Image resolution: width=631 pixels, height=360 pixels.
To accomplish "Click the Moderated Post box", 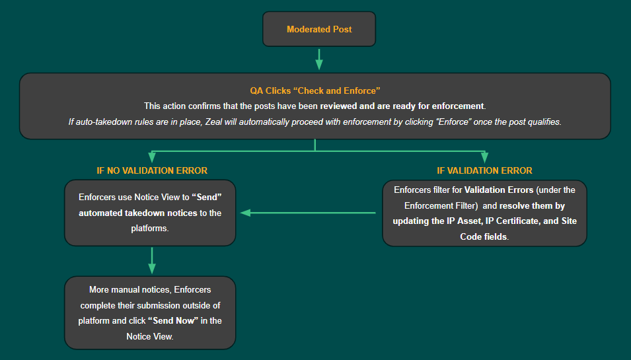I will pyautogui.click(x=319, y=30).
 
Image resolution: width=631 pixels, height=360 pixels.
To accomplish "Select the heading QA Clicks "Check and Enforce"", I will pyautogui.click(x=315, y=90).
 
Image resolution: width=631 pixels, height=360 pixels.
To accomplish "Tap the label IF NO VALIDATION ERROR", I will pyautogui.click(x=152, y=170).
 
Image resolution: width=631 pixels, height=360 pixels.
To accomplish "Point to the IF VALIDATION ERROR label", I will pyautogui.click(x=484, y=170).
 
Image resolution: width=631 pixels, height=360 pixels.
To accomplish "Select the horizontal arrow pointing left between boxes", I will pyautogui.click(x=307, y=213).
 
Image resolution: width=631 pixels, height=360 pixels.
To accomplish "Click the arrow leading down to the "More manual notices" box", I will pyautogui.click(x=152, y=260).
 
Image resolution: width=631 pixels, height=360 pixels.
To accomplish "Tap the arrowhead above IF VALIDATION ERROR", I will pyautogui.click(x=484, y=158).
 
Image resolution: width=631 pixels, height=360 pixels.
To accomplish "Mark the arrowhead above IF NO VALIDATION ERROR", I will pyautogui.click(x=152, y=158).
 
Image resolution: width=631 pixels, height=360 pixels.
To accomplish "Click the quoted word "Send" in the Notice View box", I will pyautogui.click(x=205, y=197).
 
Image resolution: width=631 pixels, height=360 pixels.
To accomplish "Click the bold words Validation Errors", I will pyautogui.click(x=499, y=190).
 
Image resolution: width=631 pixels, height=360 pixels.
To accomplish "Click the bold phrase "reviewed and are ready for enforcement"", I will pyautogui.click(x=402, y=106).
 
